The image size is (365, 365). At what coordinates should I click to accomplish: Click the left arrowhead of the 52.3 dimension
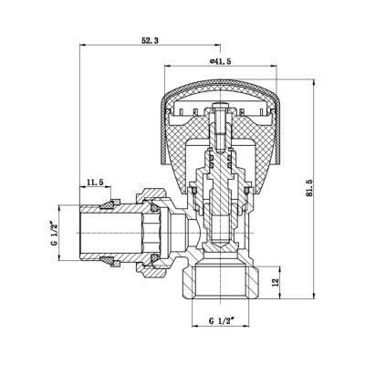[85, 46]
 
